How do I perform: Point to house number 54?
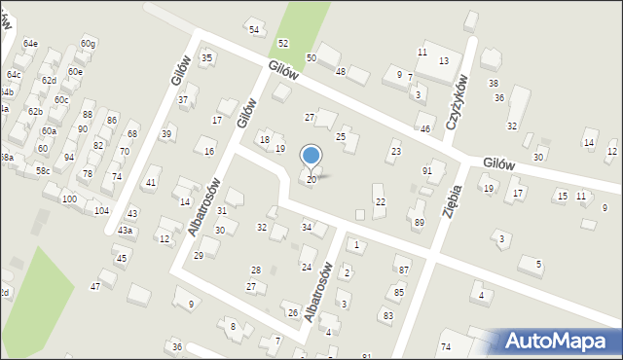click(254, 30)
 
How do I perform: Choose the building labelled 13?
click(443, 61)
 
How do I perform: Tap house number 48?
click(341, 71)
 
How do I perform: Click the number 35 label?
click(206, 58)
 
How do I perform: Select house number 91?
click(426, 171)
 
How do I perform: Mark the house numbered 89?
click(419, 223)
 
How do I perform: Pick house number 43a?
click(125, 231)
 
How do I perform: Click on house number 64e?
click(30, 44)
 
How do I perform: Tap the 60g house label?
click(89, 43)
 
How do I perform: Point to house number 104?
click(101, 210)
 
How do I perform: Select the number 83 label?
click(387, 315)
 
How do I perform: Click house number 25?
click(341, 137)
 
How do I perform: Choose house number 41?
click(150, 183)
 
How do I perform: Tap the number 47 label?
click(95, 286)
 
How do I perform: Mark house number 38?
click(493, 84)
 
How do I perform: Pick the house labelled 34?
click(307, 228)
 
